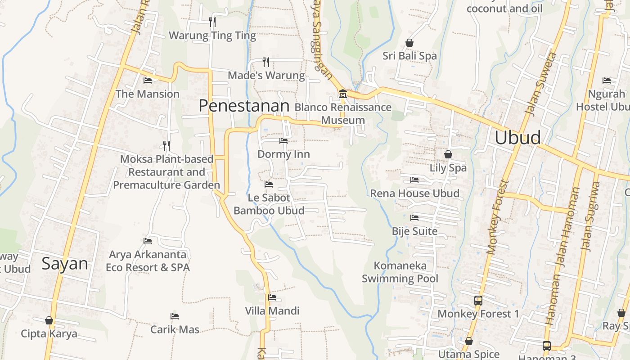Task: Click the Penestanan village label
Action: pyautogui.click(x=243, y=106)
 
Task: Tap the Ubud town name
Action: pyautogui.click(x=517, y=138)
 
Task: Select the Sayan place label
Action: pyautogui.click(x=65, y=264)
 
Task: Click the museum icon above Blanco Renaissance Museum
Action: pyautogui.click(x=342, y=94)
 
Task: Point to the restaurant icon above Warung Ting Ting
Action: pyautogui.click(x=212, y=22)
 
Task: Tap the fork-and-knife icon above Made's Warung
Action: pyautogui.click(x=266, y=62)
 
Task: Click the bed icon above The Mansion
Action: pyautogui.click(x=148, y=81)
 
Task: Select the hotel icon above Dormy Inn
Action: pyautogui.click(x=283, y=141)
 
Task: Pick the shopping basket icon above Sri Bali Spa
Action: pyautogui.click(x=409, y=43)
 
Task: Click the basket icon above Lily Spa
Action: pyautogui.click(x=448, y=154)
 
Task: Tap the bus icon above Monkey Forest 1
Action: pyautogui.click(x=478, y=300)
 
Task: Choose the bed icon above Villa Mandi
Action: pyautogui.click(x=272, y=297)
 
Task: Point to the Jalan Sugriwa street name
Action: pyautogui.click(x=591, y=216)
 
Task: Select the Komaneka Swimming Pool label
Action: pyautogui.click(x=400, y=272)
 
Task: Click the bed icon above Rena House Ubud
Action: pyautogui.click(x=414, y=180)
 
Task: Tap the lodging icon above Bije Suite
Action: pyautogui.click(x=414, y=218)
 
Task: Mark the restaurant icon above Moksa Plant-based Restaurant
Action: pyautogui.click(x=166, y=145)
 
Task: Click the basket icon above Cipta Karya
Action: pyautogui.click(x=49, y=320)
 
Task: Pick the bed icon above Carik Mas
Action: pyautogui.click(x=175, y=316)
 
